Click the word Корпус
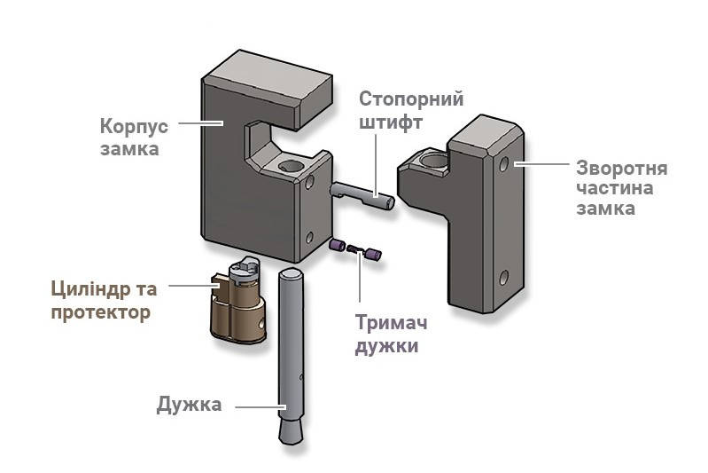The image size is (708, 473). coord(134,127)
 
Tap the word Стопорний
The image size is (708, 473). coord(411,99)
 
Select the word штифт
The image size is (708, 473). coord(391,122)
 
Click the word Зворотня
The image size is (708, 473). coord(621,169)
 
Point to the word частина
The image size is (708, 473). coord(615,188)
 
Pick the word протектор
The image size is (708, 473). coord(100,313)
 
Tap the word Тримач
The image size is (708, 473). coord(391,323)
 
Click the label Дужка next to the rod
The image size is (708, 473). coord(189,405)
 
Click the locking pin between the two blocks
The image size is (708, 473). coord(362,194)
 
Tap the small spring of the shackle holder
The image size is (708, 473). coord(355,248)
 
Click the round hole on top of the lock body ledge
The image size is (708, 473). coord(291,166)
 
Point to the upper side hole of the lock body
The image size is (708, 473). coord(310,183)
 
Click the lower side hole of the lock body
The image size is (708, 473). coord(309,238)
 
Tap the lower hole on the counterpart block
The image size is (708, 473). coord(504,277)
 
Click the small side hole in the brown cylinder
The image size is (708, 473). coord(261,323)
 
